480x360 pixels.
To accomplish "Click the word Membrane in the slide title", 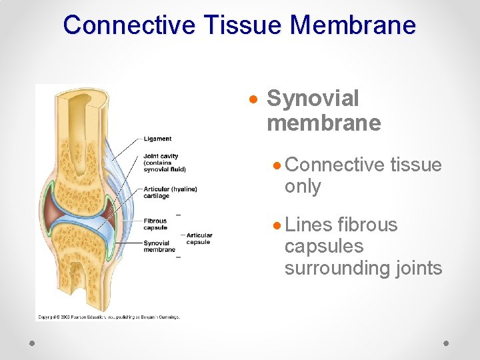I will coord(353,25).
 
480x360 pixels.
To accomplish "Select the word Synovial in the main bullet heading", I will coord(313,99).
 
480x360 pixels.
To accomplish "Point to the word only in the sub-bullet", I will coord(303,187).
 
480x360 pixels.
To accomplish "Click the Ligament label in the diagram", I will coord(157,139).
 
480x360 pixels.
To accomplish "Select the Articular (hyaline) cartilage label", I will coord(170,193).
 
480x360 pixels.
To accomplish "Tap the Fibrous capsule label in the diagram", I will coord(155,224).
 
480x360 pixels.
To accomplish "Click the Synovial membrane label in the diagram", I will coord(159,246).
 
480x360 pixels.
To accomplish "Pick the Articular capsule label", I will coord(199,238).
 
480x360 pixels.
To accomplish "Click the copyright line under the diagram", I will coord(107,317).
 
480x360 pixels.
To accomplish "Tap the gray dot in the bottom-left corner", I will coord(33,343).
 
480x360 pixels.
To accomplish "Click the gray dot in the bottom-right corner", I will coord(447,343).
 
